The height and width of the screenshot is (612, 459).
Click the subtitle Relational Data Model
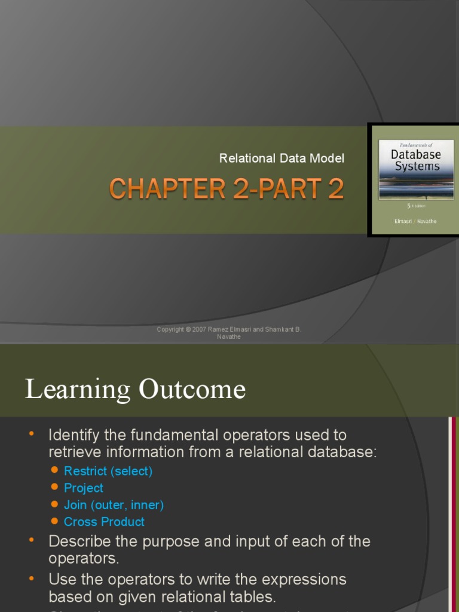pos(281,158)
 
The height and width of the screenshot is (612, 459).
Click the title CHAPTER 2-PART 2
pos(227,189)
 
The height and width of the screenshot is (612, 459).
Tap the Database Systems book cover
pos(415,180)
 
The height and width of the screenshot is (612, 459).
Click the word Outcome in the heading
pos(192,389)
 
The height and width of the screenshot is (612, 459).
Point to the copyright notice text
pos(229,333)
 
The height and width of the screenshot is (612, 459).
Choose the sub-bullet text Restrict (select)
pos(108,471)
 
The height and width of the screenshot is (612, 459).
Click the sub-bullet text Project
pos(84,488)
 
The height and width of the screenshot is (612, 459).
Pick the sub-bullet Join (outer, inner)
pos(114,505)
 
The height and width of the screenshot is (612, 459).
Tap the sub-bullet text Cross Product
pos(104,522)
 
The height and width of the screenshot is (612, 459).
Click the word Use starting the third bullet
pos(60,580)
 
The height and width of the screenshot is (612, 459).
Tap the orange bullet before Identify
pos(32,433)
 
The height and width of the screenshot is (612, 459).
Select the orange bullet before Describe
pos(32,540)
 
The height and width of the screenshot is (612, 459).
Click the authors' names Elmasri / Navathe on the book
pos(416,221)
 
